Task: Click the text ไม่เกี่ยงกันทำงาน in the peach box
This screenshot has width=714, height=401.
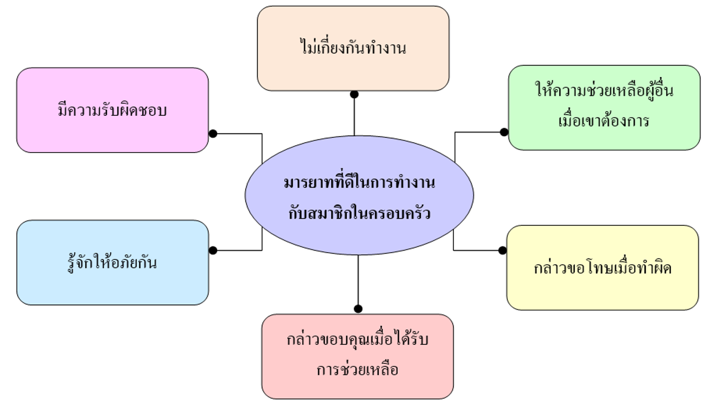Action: pos(354,47)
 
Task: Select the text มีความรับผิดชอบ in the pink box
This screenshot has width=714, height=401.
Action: pos(112,110)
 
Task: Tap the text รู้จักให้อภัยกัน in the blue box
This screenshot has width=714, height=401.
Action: pos(112,264)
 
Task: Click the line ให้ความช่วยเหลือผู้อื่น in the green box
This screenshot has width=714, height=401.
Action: pos(604,89)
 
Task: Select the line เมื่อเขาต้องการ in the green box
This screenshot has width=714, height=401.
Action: pos(604,120)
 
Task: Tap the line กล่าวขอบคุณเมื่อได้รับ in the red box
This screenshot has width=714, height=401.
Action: pos(357,339)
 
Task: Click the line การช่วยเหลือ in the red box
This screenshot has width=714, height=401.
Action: pos(358,369)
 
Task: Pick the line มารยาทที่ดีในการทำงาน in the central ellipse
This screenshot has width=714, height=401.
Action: pos(359,182)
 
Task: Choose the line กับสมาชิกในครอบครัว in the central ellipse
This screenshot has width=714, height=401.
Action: pos(359,213)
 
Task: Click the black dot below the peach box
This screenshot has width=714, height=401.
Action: pos(354,94)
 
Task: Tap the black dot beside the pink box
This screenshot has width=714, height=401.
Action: pos(213,134)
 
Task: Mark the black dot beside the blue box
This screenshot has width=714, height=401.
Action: pos(213,251)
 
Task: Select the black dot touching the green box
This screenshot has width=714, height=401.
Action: pos(504,132)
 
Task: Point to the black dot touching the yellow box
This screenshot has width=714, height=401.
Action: pos(503,251)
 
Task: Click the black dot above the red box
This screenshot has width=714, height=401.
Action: pos(358,309)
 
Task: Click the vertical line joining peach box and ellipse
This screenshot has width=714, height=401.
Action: pos(354,117)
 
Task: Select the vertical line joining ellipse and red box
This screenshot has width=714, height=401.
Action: pos(358,280)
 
